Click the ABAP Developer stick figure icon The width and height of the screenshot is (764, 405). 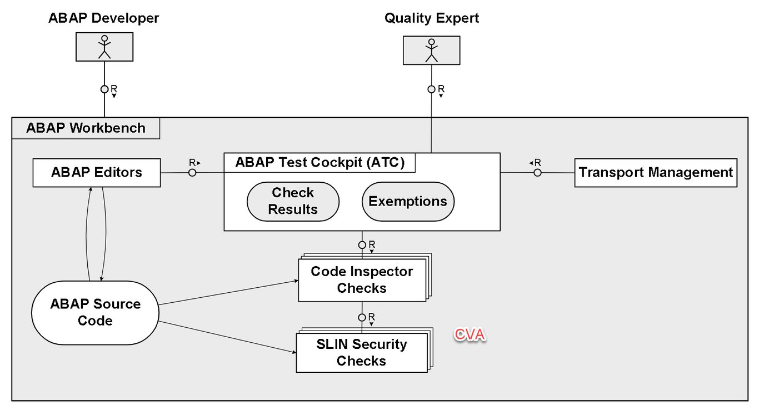coord(104,47)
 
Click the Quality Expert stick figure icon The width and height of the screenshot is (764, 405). coord(431,50)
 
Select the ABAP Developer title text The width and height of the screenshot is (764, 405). coord(104,18)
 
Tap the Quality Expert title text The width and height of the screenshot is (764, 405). coord(431,18)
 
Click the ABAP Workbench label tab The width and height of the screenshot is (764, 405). coord(86,128)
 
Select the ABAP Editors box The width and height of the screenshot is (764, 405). coord(97,172)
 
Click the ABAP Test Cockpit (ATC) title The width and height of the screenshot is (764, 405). coord(319,163)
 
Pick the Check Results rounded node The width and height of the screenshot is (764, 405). coord(293,201)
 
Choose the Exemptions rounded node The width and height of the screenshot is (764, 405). coord(408,201)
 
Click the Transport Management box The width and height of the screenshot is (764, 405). coord(656,173)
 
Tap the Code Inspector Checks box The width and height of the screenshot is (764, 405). coord(362,279)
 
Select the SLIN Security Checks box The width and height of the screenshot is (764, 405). coord(361,352)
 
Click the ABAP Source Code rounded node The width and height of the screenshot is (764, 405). coord(95,312)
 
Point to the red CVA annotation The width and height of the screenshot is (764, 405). coord(470,335)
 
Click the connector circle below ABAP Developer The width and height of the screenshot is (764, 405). coord(104,89)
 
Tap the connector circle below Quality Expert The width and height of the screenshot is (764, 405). coord(431,89)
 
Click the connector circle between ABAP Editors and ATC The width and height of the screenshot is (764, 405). coord(192,173)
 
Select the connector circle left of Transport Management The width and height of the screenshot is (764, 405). coord(537,173)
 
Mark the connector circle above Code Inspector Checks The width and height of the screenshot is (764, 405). coord(362,245)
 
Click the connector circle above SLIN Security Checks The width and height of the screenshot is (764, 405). coord(362,317)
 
